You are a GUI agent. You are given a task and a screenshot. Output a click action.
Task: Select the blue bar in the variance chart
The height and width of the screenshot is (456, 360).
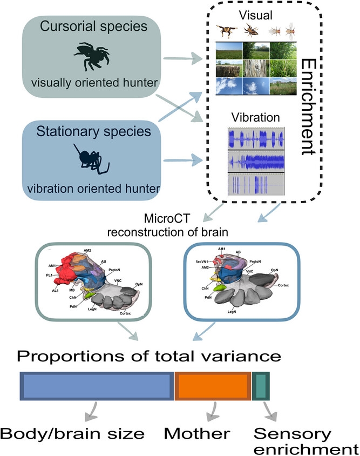97,387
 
